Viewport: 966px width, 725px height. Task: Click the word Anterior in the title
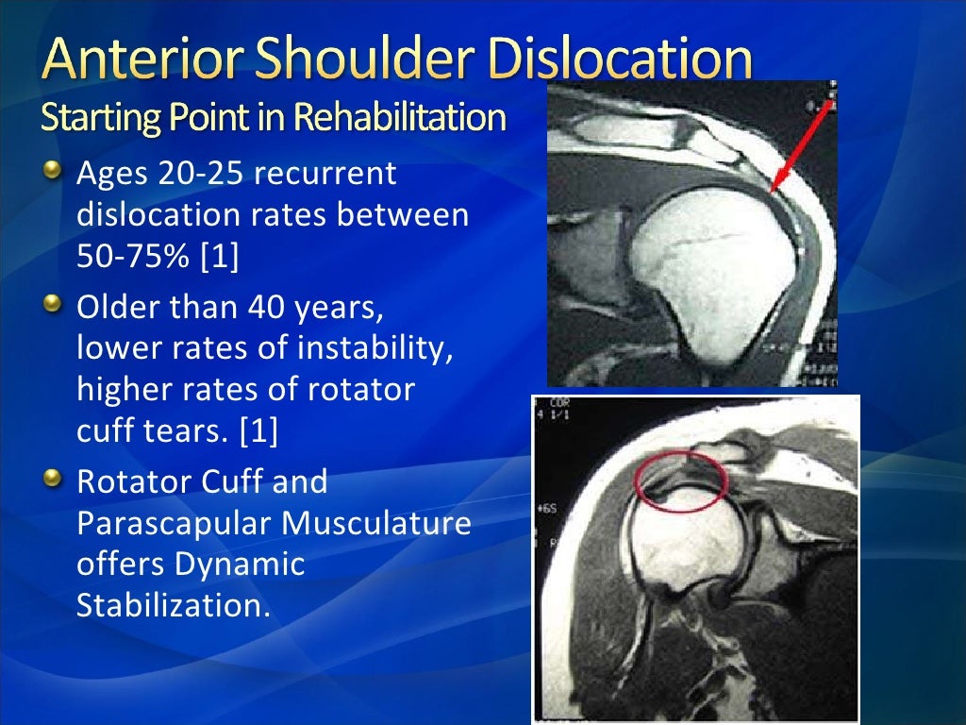(141, 63)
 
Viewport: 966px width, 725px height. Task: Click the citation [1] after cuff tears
(258, 431)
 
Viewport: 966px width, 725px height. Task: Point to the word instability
(375, 349)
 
